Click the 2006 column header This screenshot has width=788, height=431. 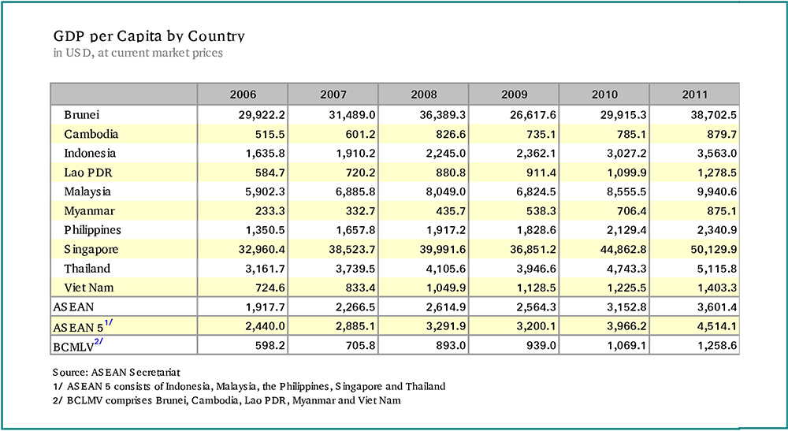(243, 95)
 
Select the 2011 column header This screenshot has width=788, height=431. (694, 95)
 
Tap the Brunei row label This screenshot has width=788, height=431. (81, 114)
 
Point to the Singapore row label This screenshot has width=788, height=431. (91, 250)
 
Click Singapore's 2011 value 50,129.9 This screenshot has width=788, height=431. (714, 249)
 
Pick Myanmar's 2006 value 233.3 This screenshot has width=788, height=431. (269, 211)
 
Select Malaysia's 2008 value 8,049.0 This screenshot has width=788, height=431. (446, 192)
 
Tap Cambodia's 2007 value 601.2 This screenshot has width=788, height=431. (360, 134)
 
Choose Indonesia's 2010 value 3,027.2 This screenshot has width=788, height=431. (626, 153)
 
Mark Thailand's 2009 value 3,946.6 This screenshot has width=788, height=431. (536, 269)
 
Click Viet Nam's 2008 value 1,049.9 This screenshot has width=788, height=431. (446, 288)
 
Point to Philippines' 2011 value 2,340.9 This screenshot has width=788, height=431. (717, 230)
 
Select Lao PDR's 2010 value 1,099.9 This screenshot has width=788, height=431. (626, 173)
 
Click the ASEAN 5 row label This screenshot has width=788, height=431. (83, 326)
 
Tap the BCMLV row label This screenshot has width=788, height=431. (78, 346)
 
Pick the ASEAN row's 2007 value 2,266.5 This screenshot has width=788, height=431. (355, 307)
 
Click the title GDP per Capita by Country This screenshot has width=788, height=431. (149, 37)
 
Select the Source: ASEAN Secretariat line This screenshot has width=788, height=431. (116, 372)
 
